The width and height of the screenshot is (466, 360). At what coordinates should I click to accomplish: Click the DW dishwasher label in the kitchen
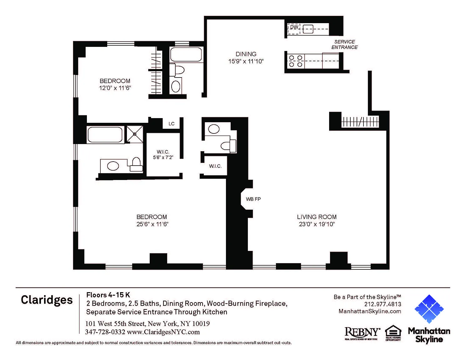[294, 27]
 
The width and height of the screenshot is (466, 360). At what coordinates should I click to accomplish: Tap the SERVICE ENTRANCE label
[344, 44]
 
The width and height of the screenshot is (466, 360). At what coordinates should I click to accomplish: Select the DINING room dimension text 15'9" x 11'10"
[246, 61]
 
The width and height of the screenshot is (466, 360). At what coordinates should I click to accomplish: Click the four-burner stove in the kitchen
[296, 61]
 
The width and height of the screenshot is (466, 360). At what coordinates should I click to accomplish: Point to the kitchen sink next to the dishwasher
[308, 29]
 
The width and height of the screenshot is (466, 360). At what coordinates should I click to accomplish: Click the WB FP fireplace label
[253, 199]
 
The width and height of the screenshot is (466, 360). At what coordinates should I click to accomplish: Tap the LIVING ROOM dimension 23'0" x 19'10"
[317, 224]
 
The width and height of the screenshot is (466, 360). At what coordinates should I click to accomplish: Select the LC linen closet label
[171, 124]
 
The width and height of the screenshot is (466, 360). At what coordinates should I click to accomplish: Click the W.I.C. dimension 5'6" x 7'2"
[163, 157]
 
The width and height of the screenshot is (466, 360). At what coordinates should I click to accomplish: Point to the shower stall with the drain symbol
[135, 134]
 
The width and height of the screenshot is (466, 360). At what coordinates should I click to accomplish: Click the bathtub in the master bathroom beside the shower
[105, 135]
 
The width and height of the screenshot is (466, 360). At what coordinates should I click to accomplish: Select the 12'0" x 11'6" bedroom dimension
[115, 88]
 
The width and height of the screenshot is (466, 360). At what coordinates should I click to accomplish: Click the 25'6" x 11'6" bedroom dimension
[152, 224]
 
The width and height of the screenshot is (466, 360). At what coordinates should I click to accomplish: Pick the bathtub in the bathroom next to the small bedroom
[186, 55]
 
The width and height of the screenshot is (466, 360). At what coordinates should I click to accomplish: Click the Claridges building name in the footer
[47, 300]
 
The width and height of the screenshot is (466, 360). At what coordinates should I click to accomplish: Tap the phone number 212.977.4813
[383, 304]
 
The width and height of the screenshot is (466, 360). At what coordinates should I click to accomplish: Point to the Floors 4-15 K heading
[108, 295]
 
